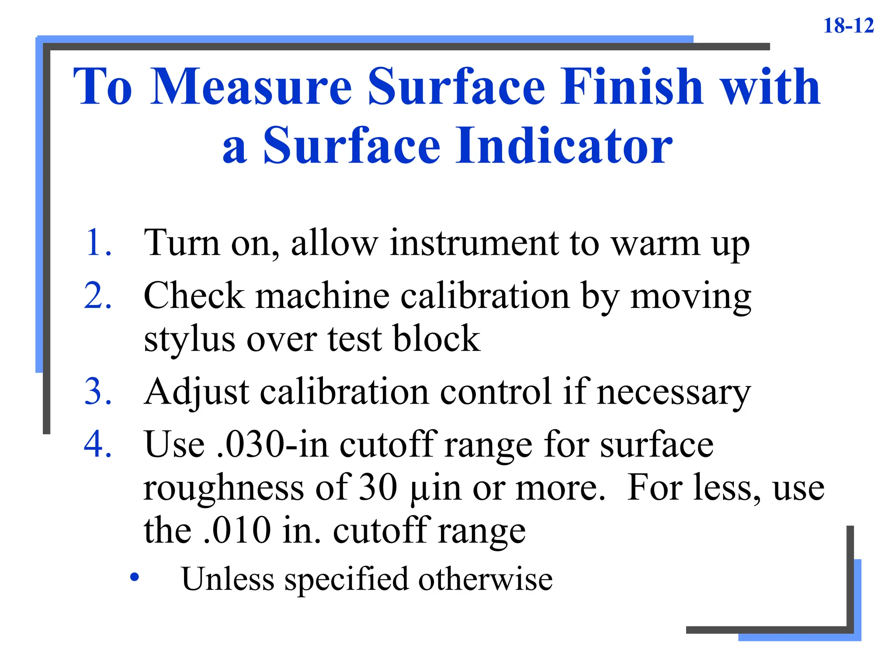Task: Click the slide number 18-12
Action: [x=848, y=25]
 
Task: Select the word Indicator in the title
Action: [x=564, y=145]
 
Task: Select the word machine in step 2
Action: [x=322, y=296]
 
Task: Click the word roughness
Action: [x=223, y=488]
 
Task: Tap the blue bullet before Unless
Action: [x=135, y=578]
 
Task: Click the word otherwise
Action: [x=485, y=579]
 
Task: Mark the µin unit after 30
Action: [x=435, y=488]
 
